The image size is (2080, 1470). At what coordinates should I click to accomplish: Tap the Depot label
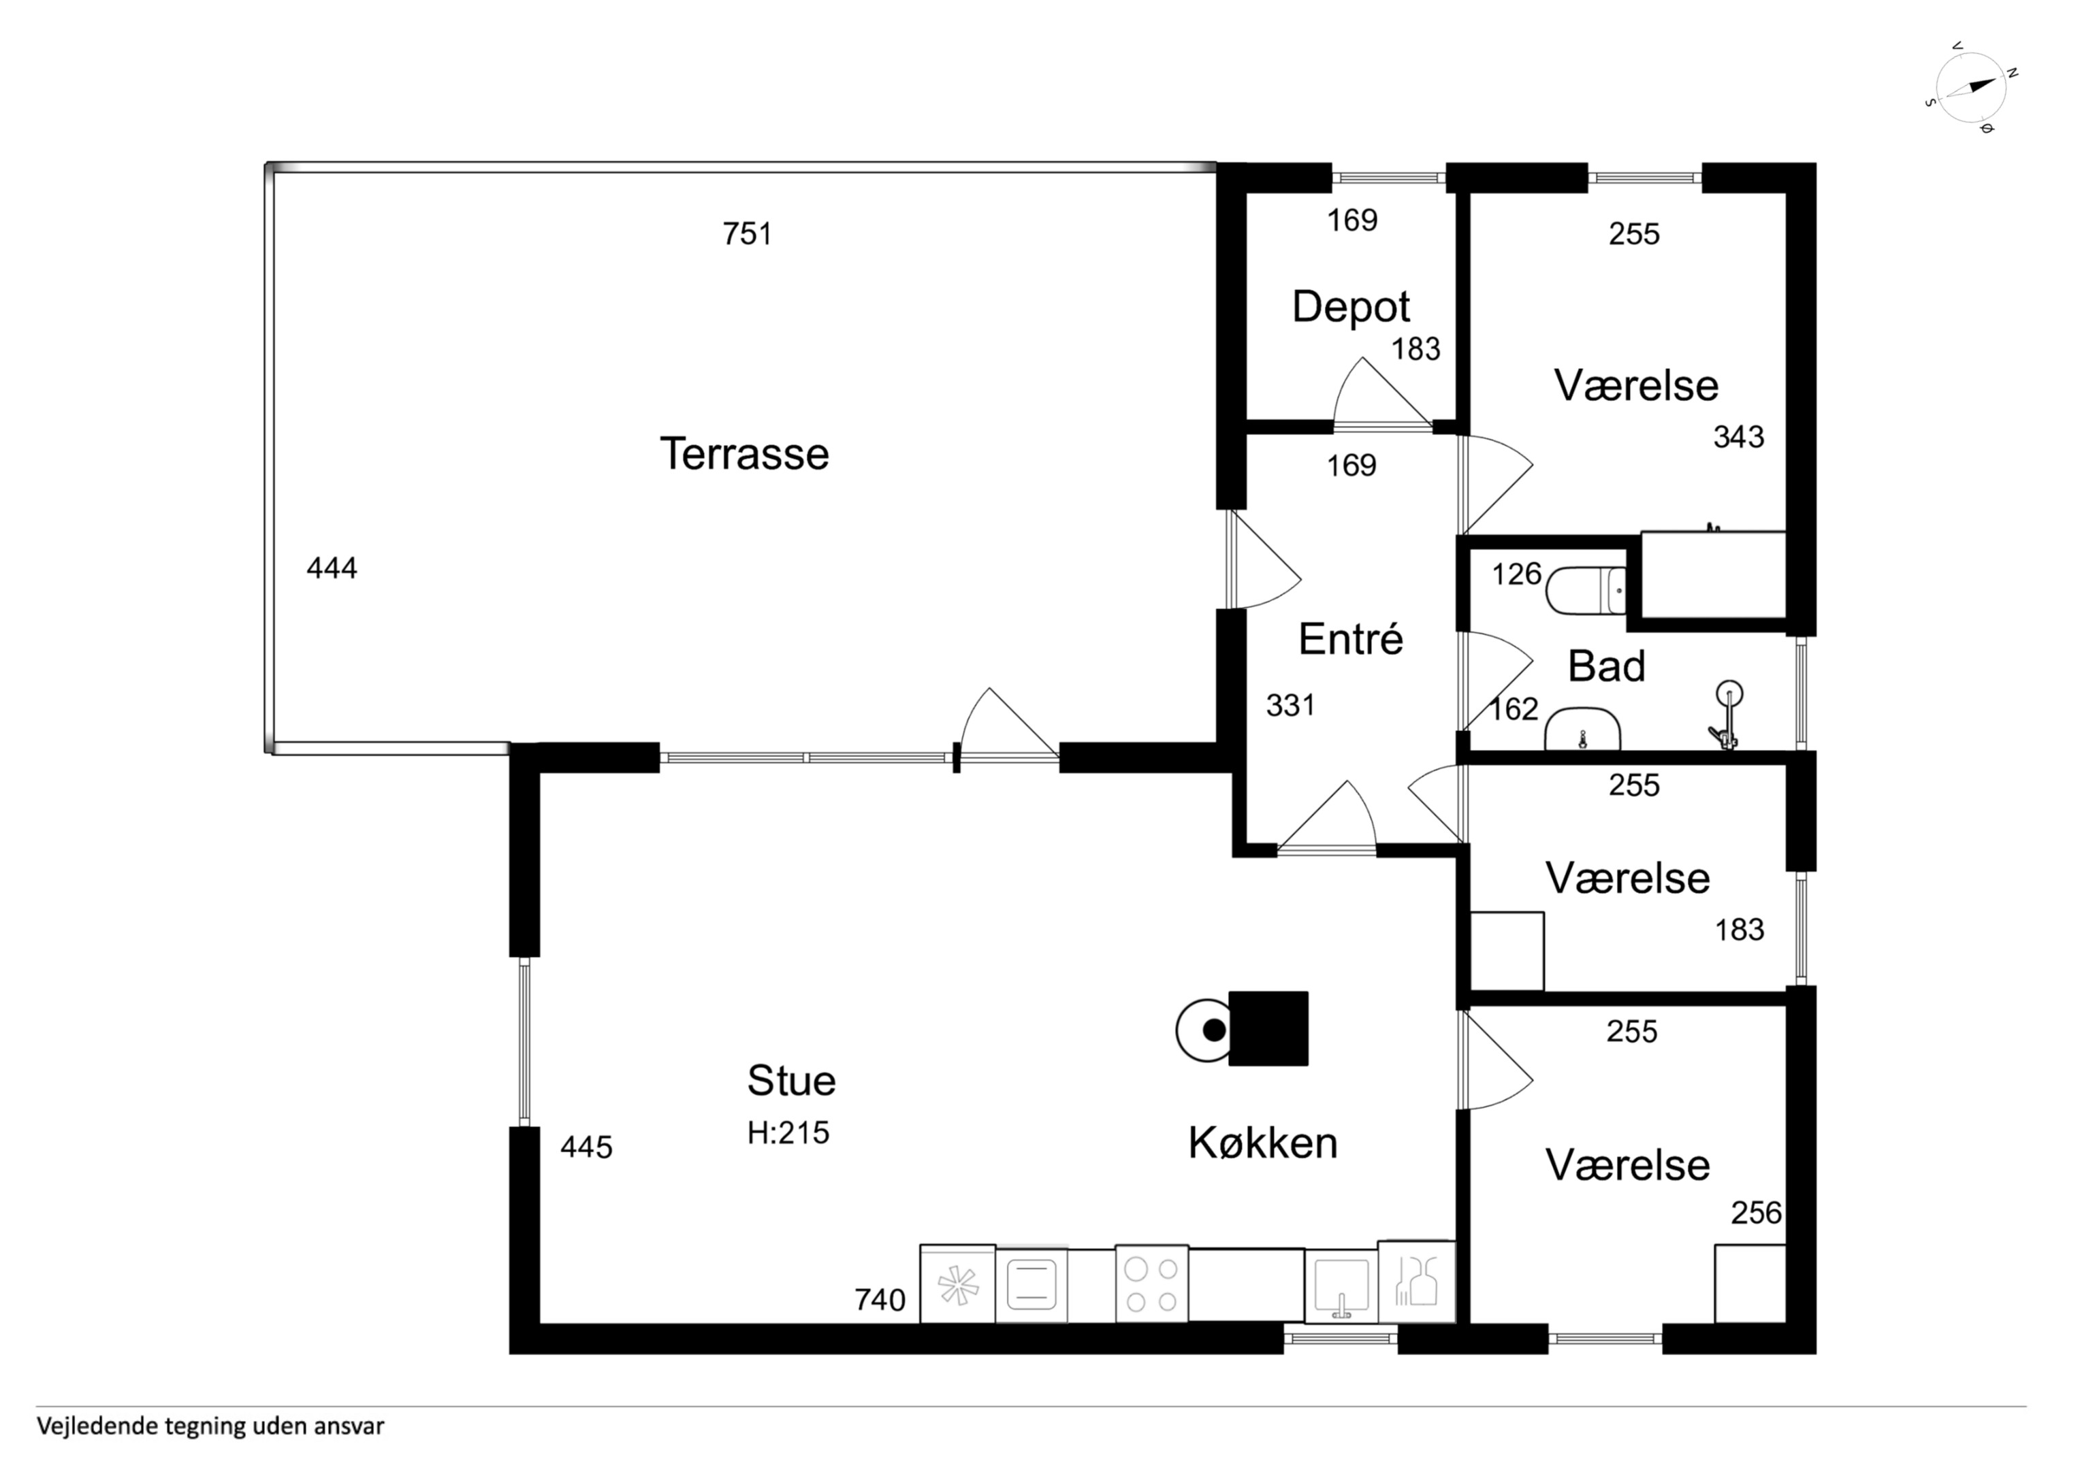click(1351, 306)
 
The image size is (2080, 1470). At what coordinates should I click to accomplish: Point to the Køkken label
click(1263, 1143)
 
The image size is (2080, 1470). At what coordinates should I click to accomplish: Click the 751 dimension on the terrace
click(748, 233)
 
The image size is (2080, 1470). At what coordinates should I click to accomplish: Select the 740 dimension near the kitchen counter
click(880, 1300)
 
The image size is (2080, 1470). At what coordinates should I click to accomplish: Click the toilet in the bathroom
click(1586, 591)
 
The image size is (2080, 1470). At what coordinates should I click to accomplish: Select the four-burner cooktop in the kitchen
click(1151, 1284)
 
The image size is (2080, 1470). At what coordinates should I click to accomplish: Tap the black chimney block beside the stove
click(1268, 1028)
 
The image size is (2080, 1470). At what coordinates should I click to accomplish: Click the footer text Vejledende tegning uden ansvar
click(210, 1426)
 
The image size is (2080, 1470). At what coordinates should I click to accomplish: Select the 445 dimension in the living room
click(586, 1147)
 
